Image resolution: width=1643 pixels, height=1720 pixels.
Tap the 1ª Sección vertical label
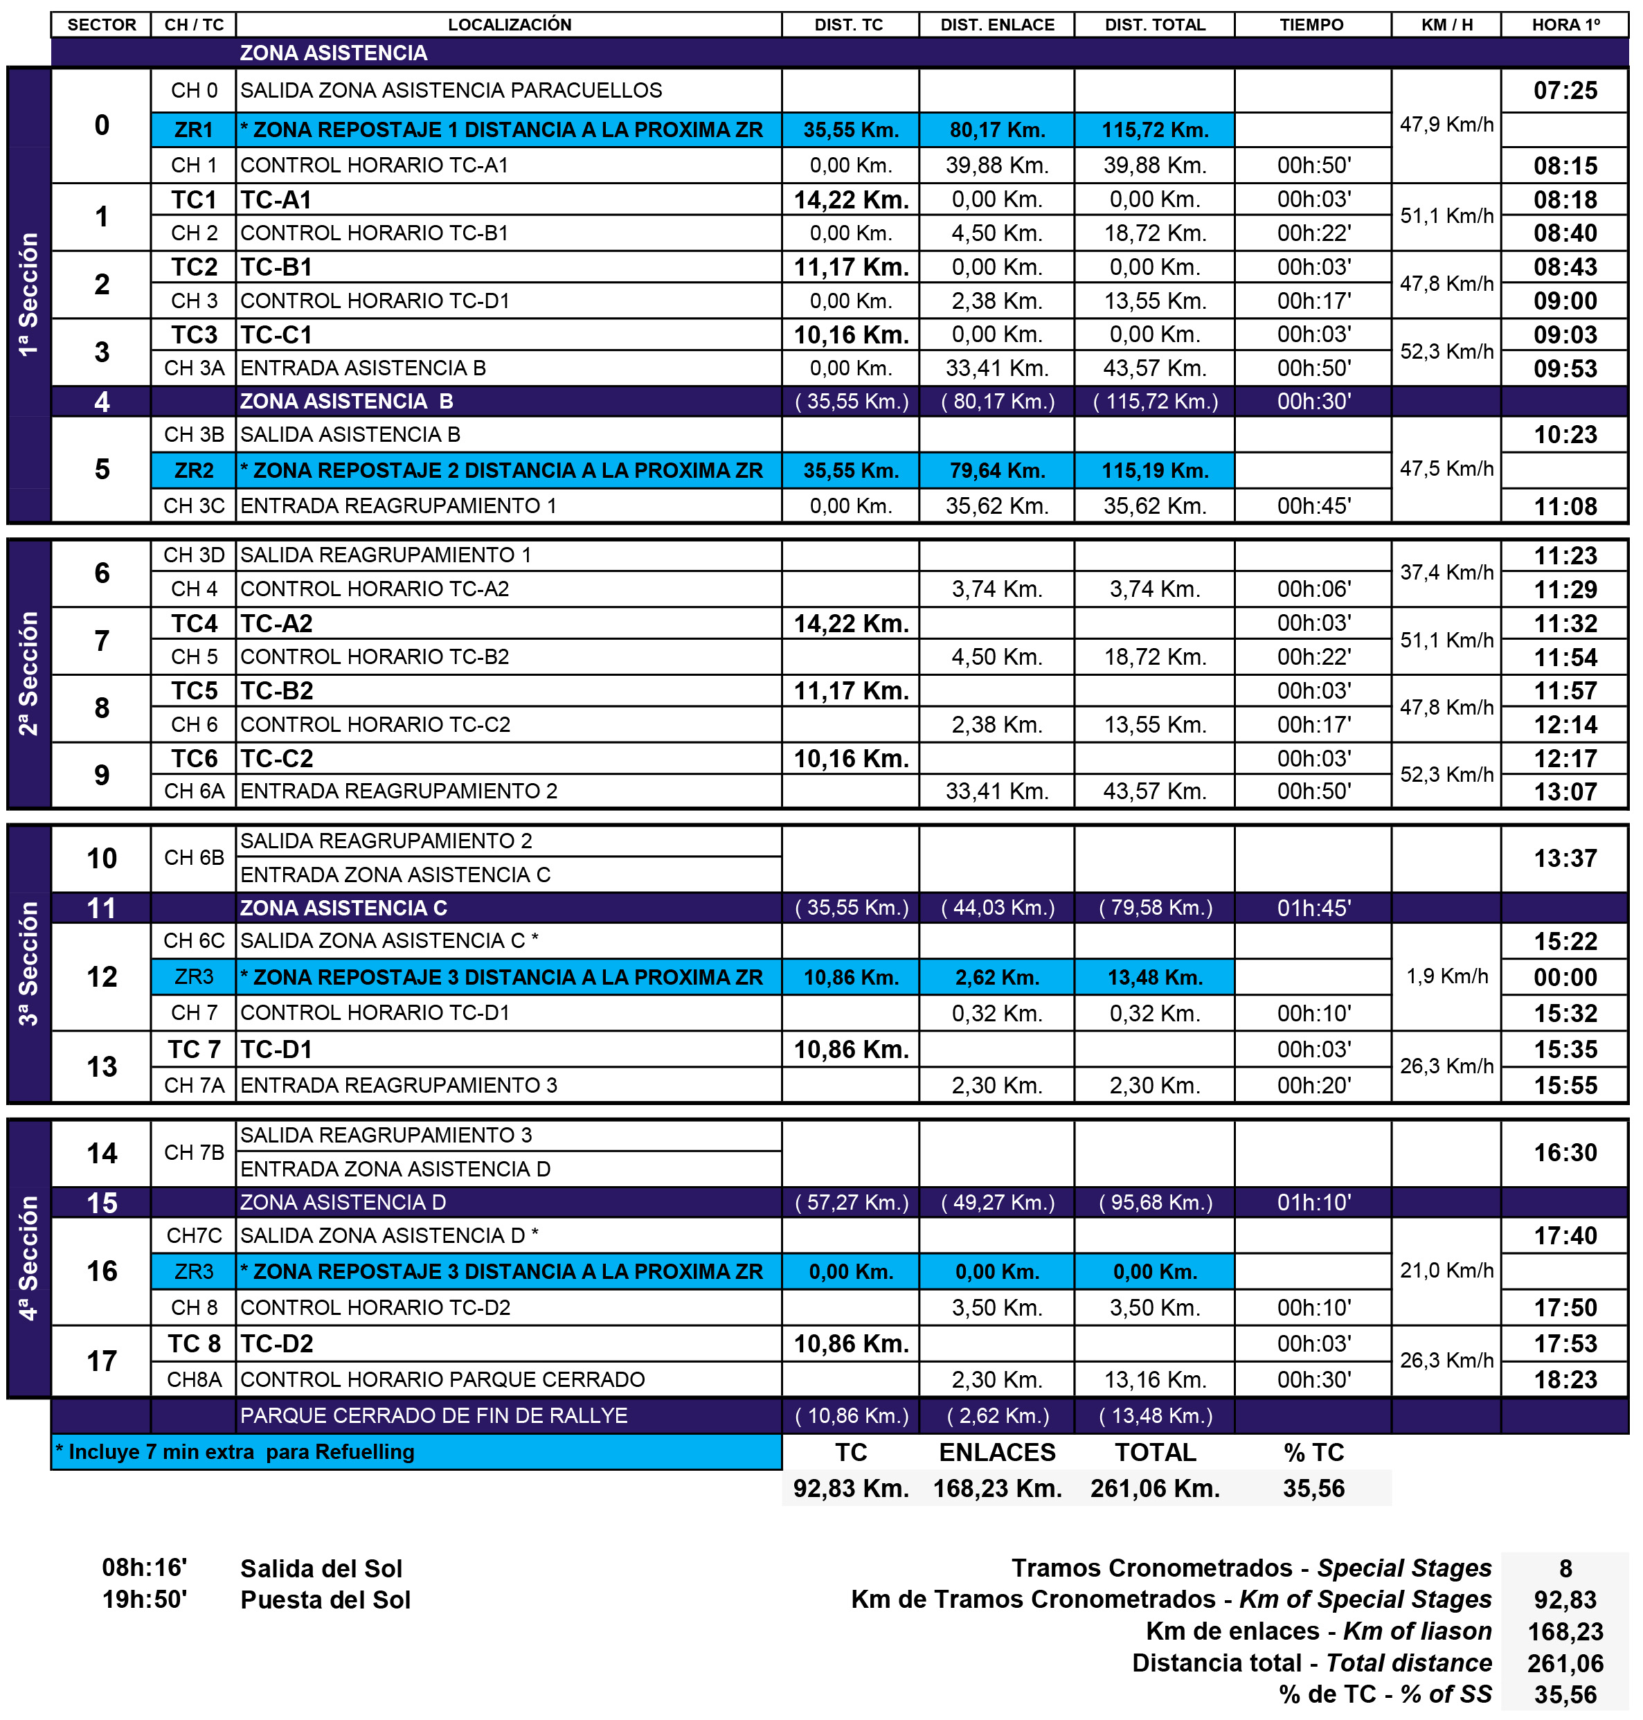pos(29,294)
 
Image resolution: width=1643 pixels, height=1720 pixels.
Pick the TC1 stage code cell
pos(194,199)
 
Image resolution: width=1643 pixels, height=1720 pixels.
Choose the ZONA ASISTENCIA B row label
pos(347,401)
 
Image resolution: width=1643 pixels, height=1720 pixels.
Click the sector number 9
pos(102,775)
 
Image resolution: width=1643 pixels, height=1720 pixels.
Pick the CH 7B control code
pos(194,1152)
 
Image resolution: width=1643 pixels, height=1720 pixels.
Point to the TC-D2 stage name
pos(277,1343)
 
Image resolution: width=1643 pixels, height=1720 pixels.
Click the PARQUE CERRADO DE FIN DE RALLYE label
pos(433,1416)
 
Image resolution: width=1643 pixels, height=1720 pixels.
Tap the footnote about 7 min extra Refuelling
pos(235,1452)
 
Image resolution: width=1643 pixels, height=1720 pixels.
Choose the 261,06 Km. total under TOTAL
pos(1154,1489)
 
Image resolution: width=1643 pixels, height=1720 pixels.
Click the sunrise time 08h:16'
pos(145,1568)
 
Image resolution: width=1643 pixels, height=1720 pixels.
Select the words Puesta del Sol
pos(325,1600)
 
